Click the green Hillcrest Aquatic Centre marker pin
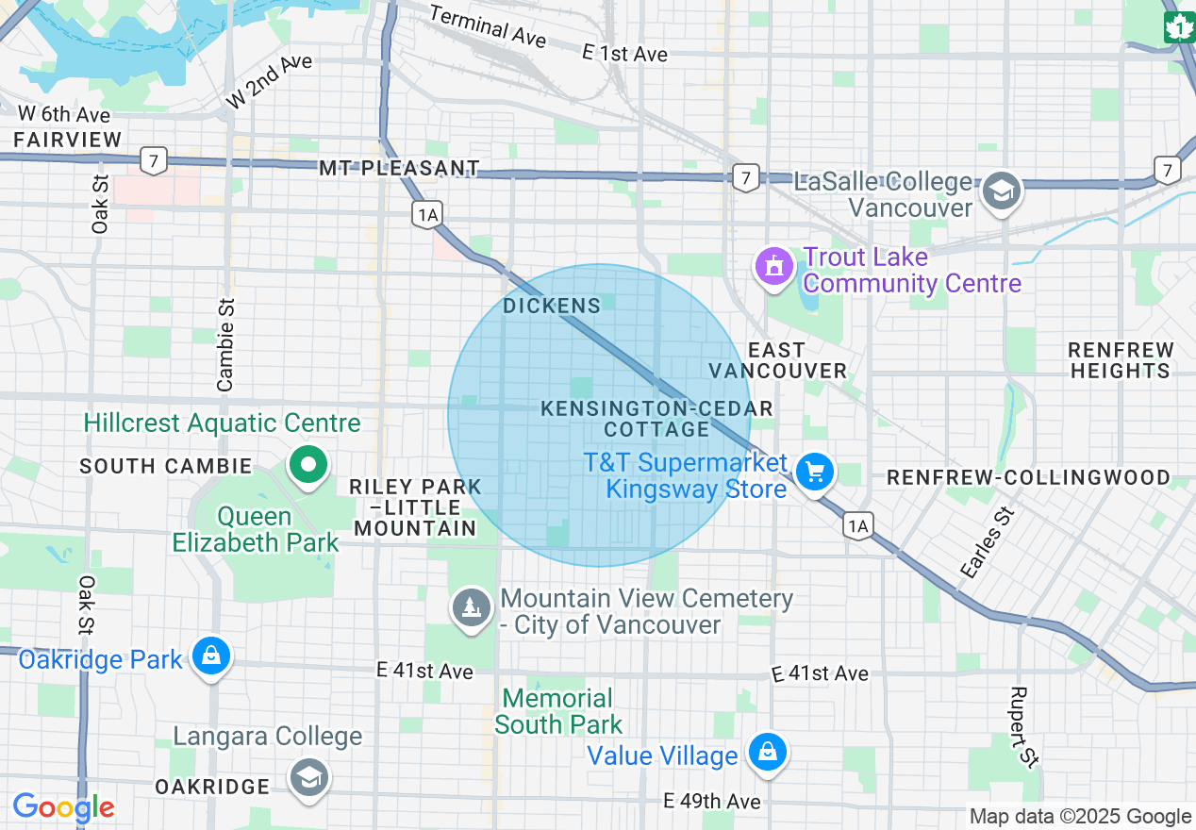307,465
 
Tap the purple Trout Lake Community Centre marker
774,268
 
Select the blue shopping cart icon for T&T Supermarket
814,472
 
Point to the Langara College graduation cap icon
308,778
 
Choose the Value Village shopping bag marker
768,753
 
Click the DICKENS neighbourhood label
552,306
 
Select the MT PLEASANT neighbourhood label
399,169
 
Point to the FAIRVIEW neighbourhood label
68,140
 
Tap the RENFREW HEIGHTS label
1121,360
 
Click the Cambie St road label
225,344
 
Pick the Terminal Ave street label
487,26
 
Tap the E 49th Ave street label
712,801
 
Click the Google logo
63,807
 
